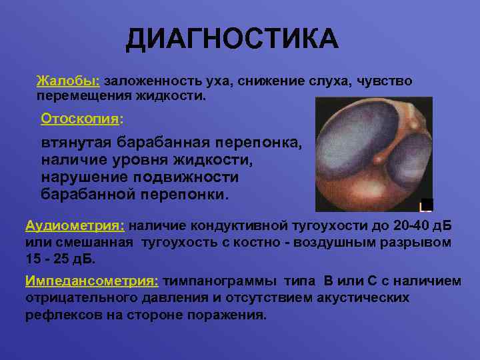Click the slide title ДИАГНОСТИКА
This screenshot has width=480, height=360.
(232, 39)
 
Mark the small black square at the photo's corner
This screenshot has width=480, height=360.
(427, 205)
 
